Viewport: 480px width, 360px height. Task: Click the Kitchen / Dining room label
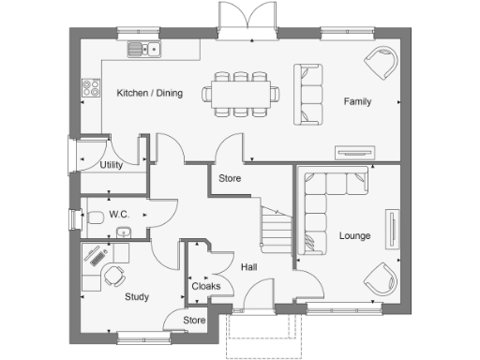(149, 93)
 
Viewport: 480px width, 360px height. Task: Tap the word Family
(357, 100)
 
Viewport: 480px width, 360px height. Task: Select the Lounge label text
(354, 235)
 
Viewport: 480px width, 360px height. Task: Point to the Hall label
(248, 267)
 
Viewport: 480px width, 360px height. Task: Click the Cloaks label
(206, 286)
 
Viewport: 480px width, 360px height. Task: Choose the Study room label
(137, 297)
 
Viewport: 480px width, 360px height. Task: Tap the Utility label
(112, 165)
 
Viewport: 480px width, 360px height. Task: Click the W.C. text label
(119, 215)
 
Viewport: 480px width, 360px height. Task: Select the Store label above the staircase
(231, 177)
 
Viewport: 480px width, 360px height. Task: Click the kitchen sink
(145, 48)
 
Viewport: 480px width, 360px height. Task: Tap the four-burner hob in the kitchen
(93, 89)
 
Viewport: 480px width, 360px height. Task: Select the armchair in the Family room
(382, 63)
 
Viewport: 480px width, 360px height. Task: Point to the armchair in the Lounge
(381, 278)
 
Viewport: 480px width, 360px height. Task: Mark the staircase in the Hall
(276, 225)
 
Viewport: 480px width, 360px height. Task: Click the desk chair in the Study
(113, 276)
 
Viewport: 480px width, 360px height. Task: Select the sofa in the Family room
(307, 93)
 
